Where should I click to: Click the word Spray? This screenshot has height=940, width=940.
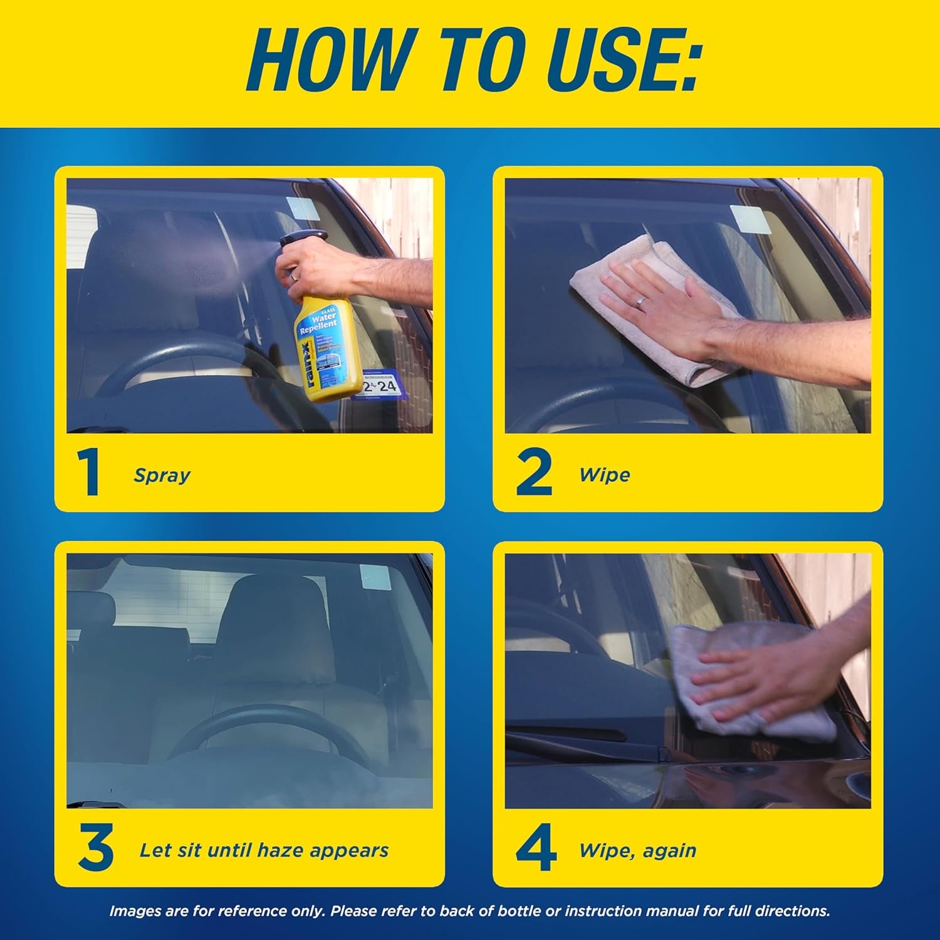[162, 475]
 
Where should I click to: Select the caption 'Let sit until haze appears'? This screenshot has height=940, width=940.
[264, 850]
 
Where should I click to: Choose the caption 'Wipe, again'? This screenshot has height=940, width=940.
[637, 850]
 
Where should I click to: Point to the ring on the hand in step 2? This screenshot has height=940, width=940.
[640, 302]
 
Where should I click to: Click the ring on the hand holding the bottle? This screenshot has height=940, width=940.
[294, 273]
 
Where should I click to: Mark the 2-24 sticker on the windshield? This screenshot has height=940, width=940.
[380, 385]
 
